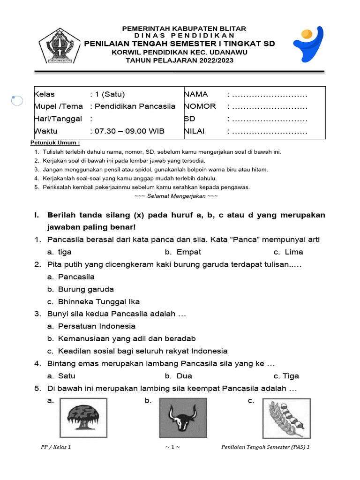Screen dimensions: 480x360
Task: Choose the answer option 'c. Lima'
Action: point(288,252)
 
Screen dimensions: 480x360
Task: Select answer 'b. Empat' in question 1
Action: point(183,252)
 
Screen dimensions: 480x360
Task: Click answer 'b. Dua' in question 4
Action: point(179,376)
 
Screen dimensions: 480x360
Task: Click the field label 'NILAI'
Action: point(195,131)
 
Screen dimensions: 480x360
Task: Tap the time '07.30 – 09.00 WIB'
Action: point(129,131)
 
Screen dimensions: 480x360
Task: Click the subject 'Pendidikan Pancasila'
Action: point(135,106)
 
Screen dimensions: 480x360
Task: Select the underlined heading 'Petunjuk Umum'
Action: point(55,142)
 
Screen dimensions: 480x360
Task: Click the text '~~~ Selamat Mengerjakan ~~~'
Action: point(176,196)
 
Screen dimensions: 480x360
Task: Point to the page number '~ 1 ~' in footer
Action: point(172,447)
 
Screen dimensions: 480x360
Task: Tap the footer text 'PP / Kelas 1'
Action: point(56,447)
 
